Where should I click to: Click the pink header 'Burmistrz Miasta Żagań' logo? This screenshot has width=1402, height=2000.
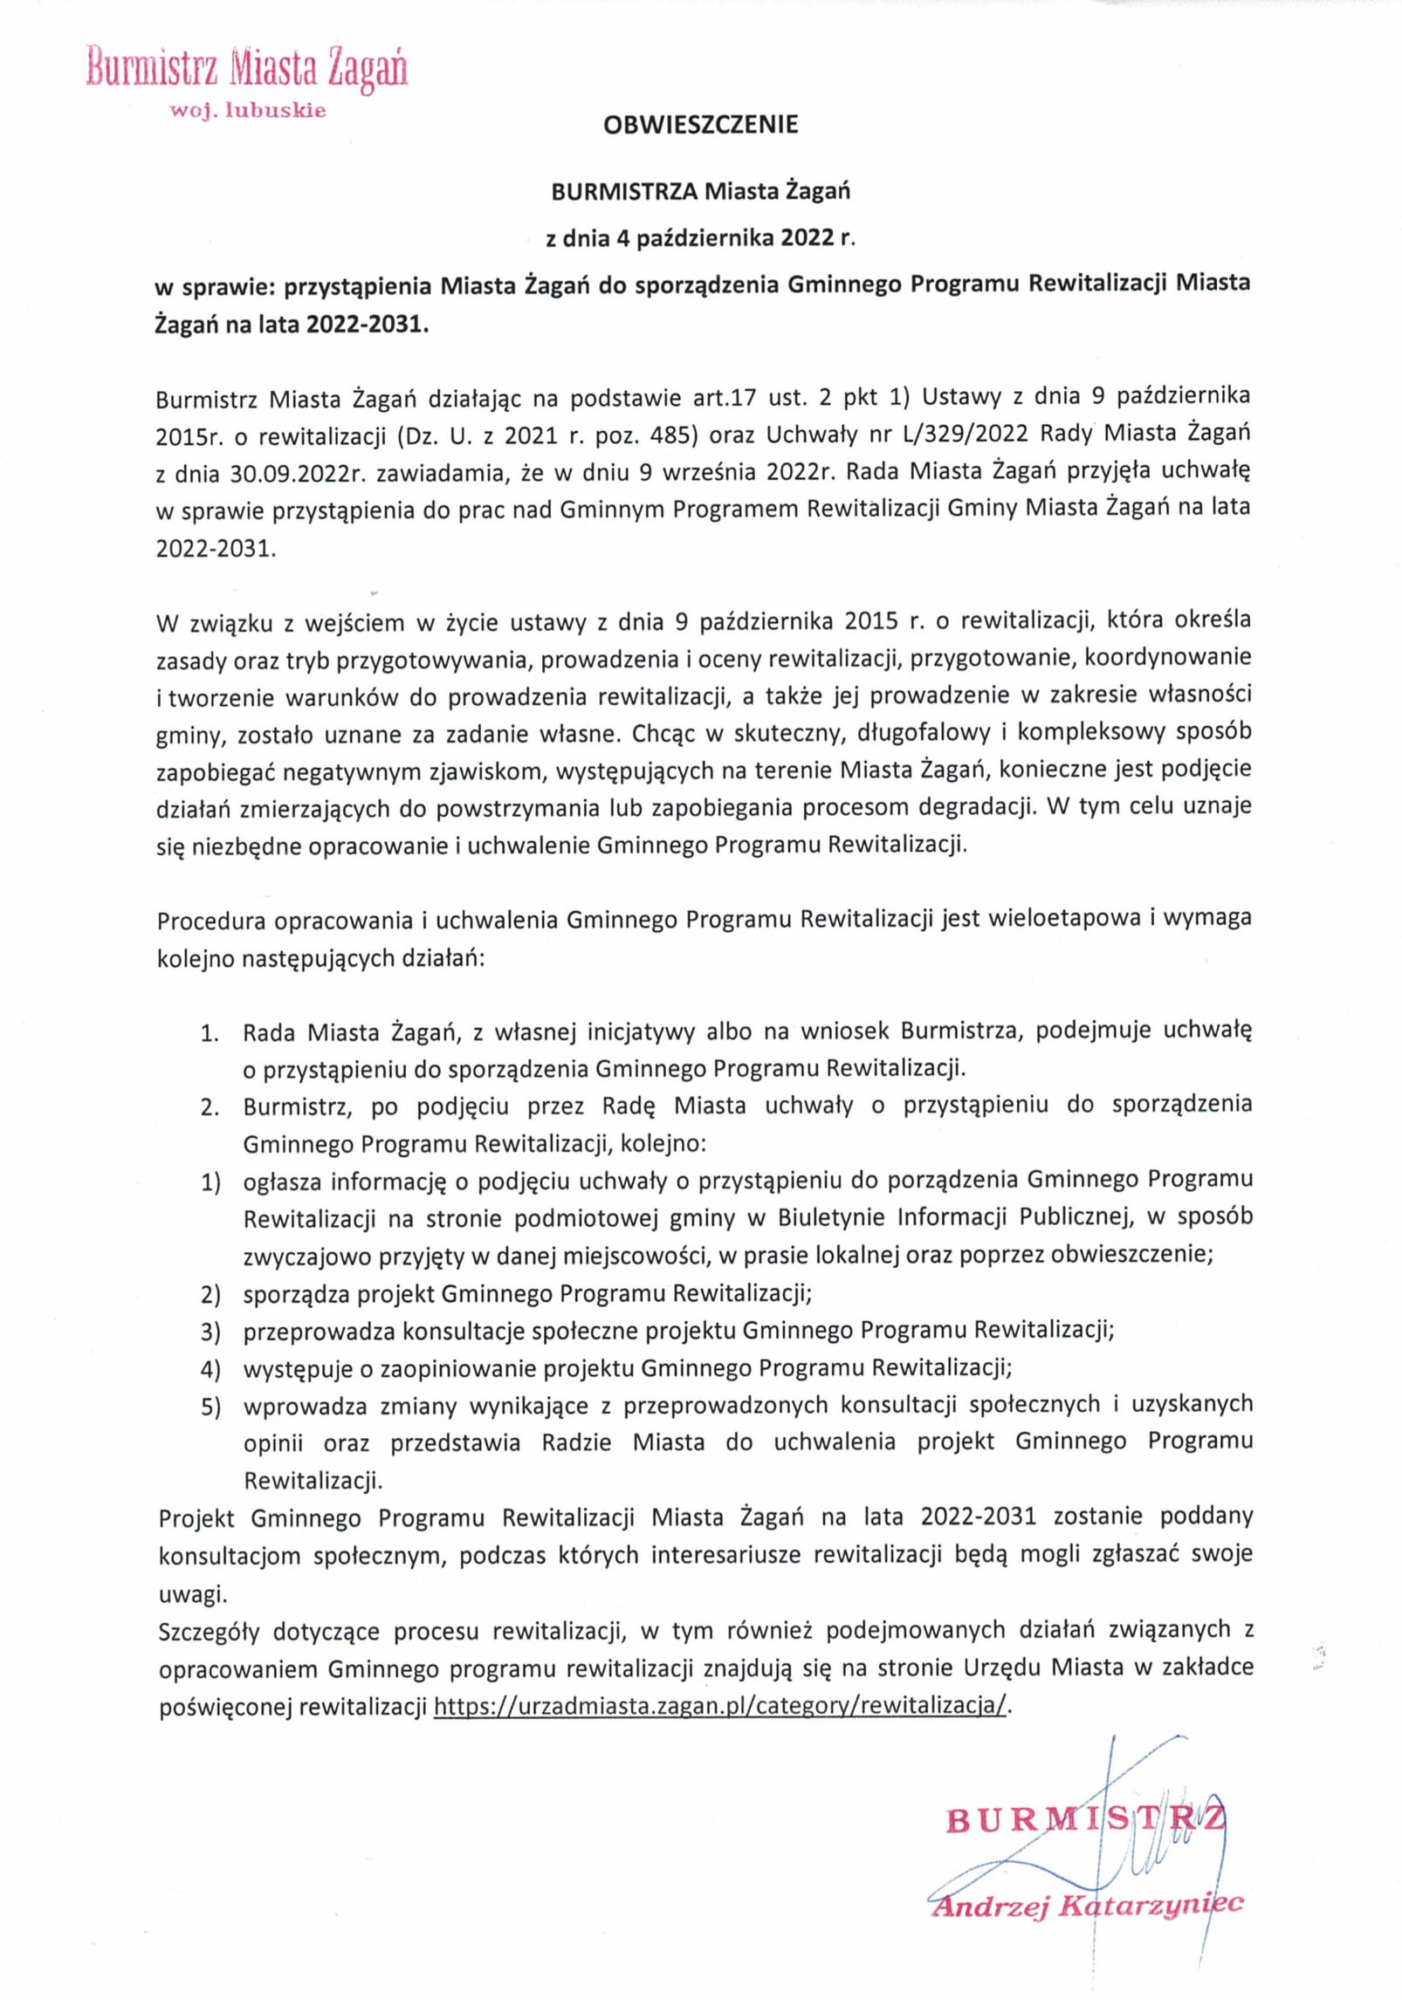pos(247,69)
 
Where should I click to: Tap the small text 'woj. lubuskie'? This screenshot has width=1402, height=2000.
pos(249,111)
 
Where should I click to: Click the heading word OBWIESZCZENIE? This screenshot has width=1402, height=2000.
pos(700,125)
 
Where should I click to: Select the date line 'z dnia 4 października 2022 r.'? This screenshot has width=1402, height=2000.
pos(700,237)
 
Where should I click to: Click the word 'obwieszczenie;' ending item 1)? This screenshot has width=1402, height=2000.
pos(1132,1255)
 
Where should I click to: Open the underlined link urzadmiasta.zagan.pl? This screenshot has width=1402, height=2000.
pos(721,1707)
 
